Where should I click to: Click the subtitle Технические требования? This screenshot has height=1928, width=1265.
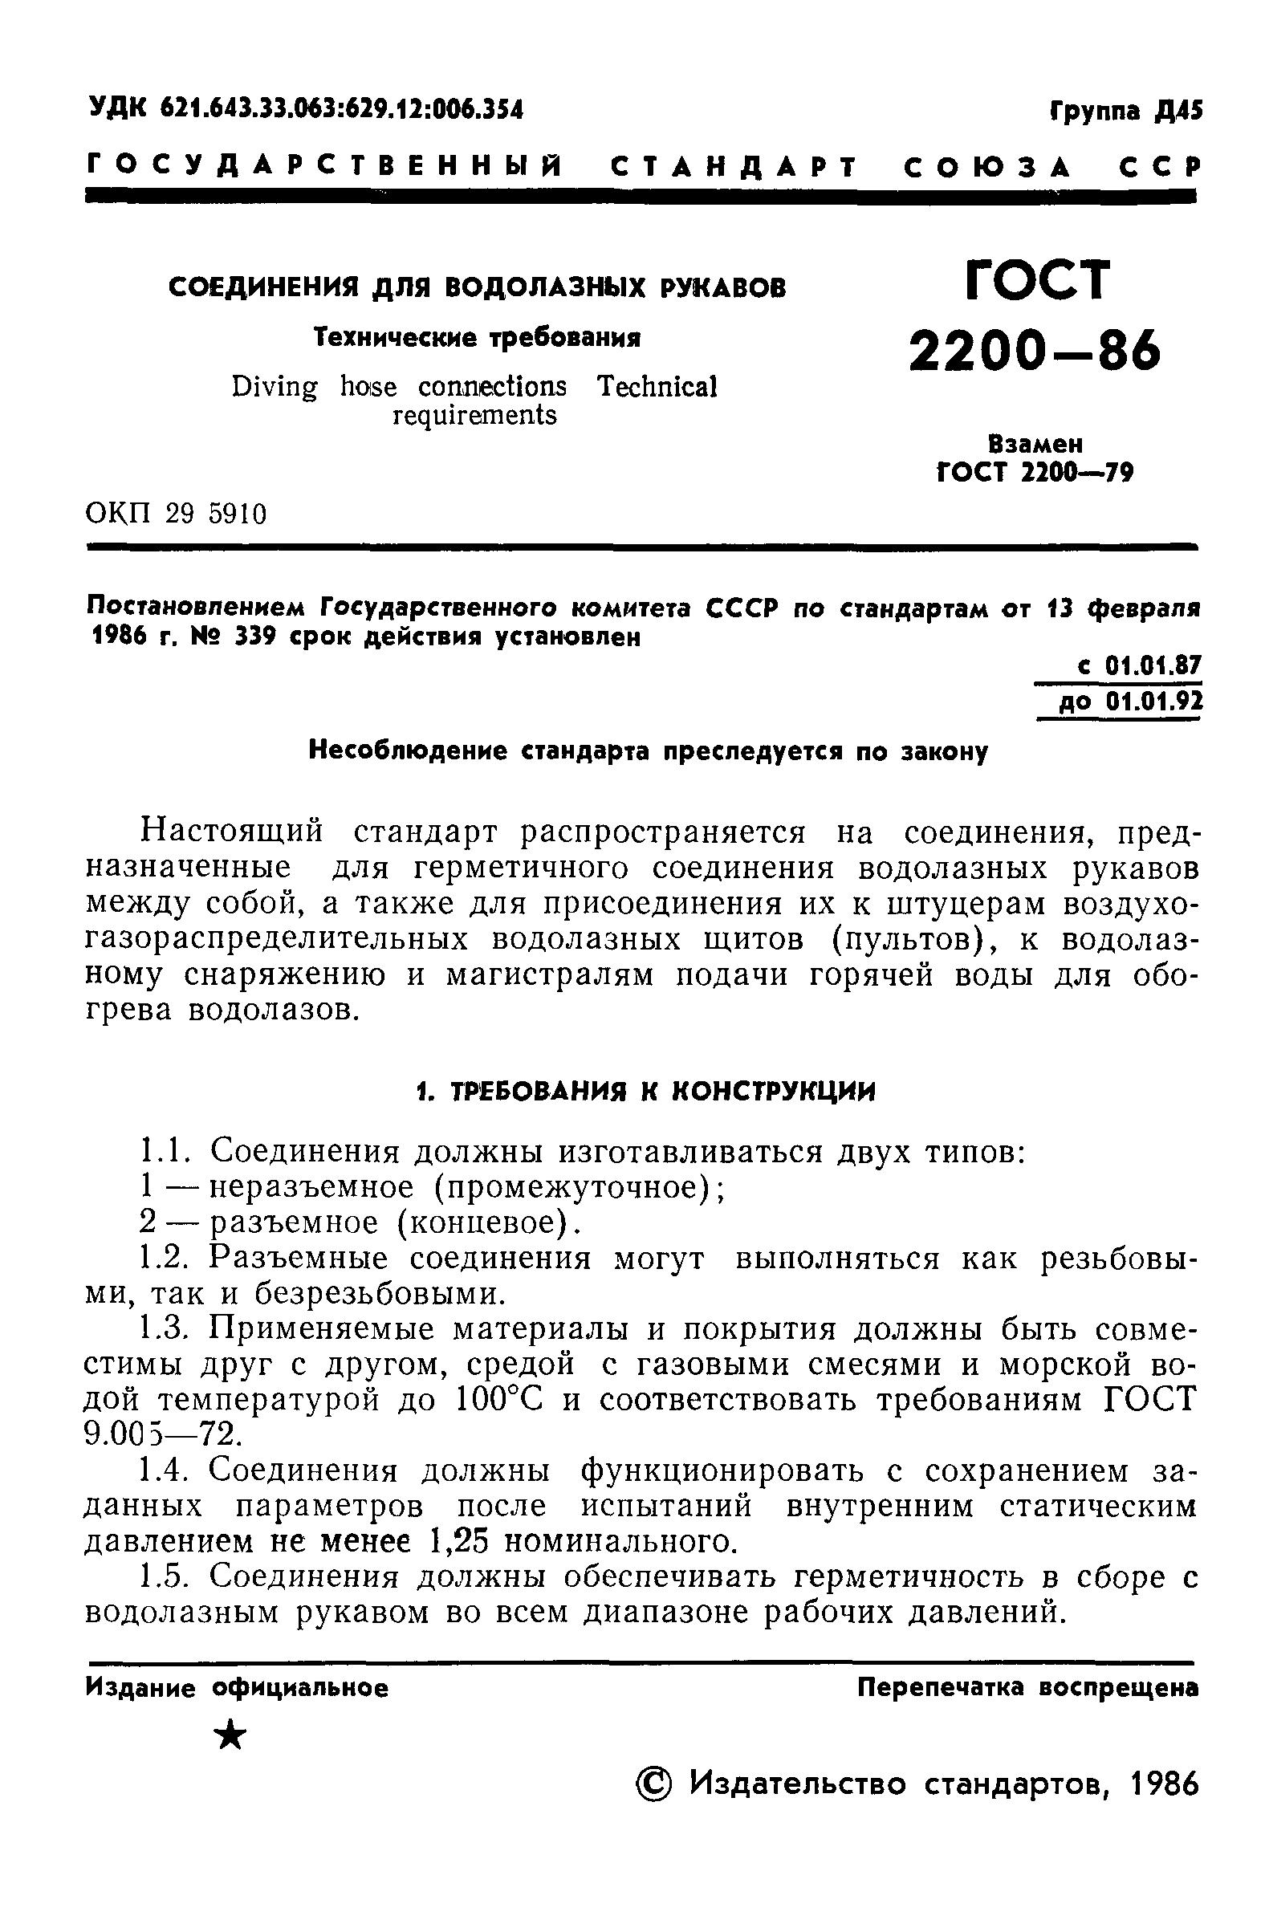pos(477,337)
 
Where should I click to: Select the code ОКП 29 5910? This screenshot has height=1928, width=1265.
pos(176,514)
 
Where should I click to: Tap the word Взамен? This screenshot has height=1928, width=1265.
pos(1035,444)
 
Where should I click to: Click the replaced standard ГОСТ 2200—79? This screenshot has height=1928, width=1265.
pos(1034,471)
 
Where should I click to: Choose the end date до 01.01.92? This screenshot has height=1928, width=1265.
pos(1131,700)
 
